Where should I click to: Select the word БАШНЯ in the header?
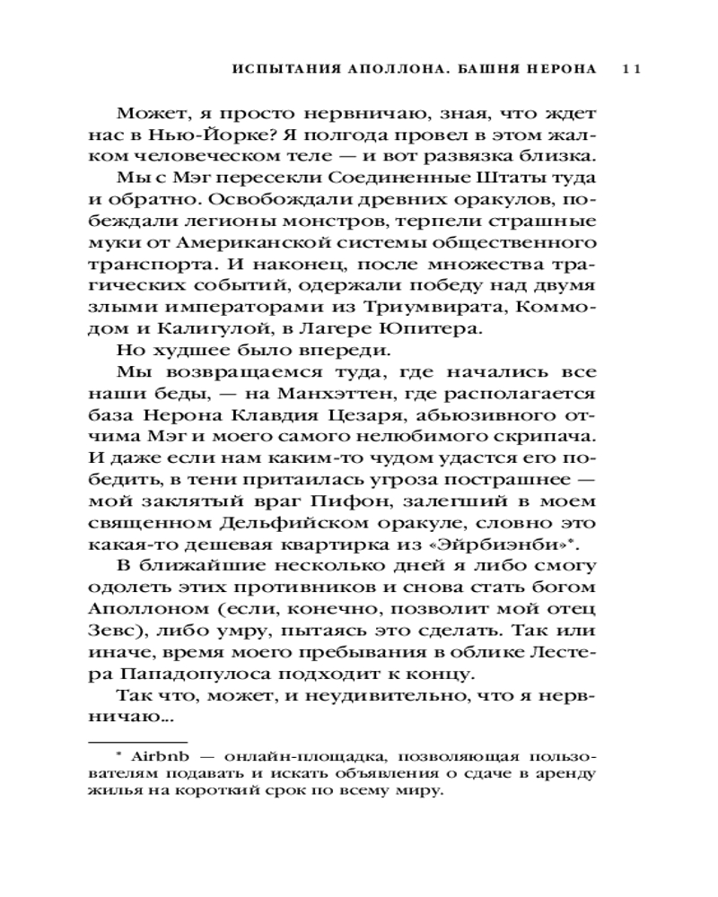494,70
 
